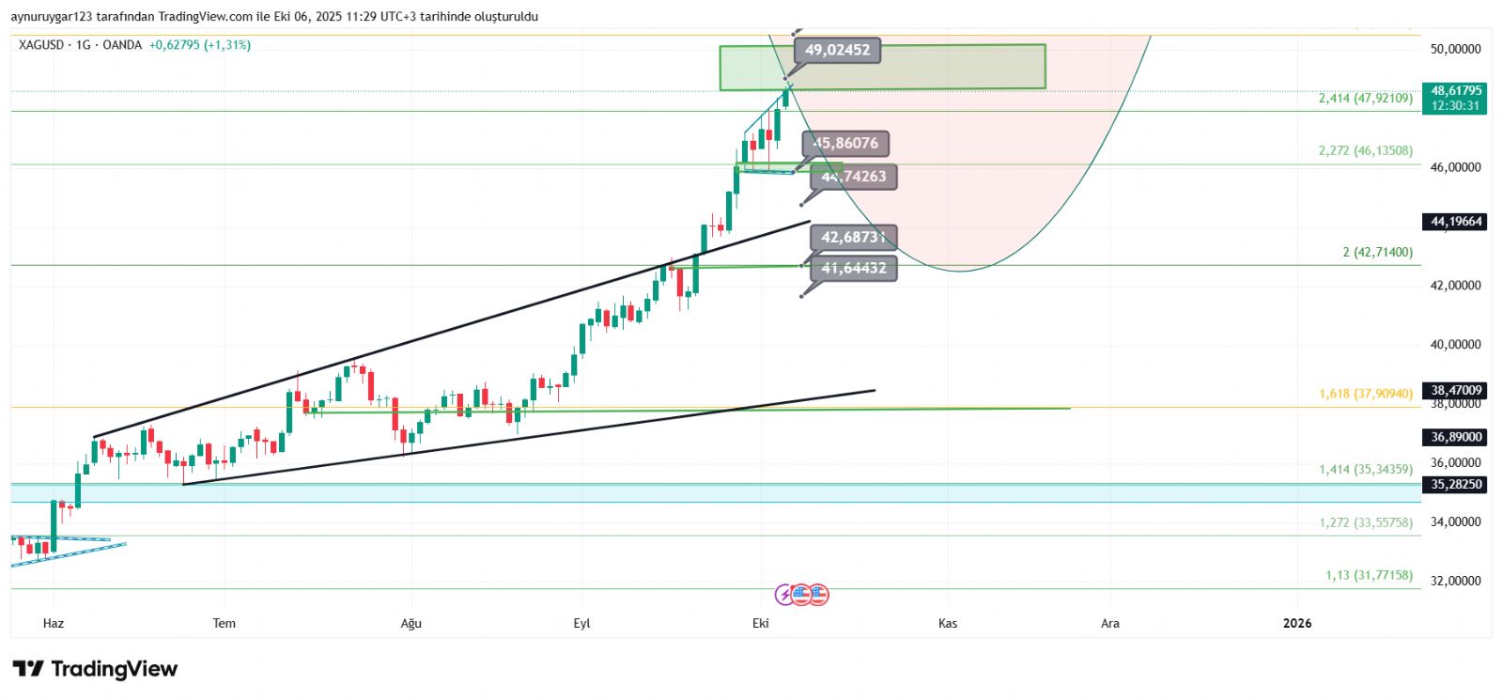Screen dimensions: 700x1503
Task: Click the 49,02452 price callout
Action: point(837,51)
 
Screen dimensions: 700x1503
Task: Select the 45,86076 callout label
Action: point(845,144)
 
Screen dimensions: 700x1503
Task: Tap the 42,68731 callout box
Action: point(853,238)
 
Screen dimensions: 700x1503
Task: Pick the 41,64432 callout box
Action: point(853,269)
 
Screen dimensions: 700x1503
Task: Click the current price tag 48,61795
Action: point(1455,98)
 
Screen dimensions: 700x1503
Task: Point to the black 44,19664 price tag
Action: point(1455,222)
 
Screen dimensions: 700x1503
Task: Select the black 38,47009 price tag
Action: point(1455,390)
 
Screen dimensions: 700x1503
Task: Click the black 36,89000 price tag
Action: point(1455,437)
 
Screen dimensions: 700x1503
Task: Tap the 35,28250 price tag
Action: point(1455,485)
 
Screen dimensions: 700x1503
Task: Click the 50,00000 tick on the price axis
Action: point(1455,49)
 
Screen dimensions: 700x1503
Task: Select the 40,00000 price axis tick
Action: point(1455,345)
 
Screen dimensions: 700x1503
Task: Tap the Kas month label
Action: point(948,623)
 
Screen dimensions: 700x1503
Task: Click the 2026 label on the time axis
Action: point(1297,623)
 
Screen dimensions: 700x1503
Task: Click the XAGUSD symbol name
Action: point(41,45)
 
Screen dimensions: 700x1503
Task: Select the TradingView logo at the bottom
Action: point(95,669)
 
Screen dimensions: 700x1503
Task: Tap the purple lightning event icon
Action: point(784,594)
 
